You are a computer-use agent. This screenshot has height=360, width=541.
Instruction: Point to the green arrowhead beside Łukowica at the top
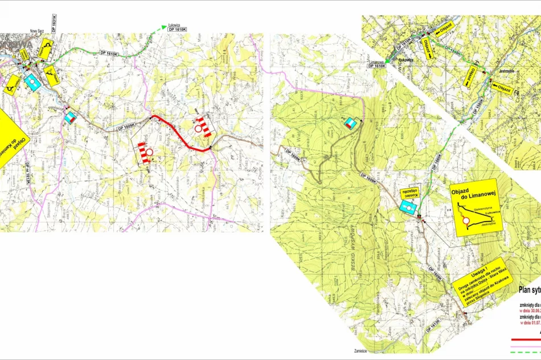tap(164, 27)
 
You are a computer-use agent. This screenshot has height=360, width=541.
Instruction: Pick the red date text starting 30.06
tap(530, 312)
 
